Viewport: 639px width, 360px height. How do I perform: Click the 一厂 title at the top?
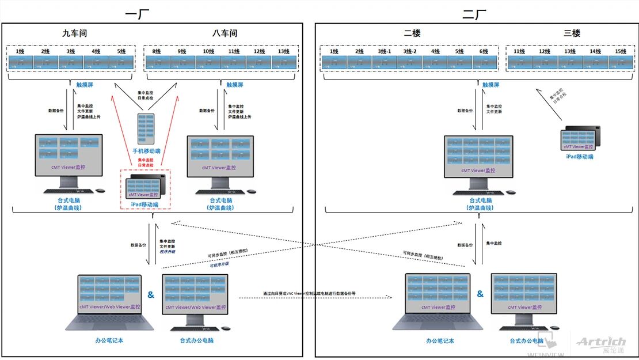point(136,14)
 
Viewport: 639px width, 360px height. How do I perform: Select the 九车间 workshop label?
point(74,33)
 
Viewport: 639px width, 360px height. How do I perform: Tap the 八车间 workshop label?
point(225,33)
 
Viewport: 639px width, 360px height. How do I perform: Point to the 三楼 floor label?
point(572,33)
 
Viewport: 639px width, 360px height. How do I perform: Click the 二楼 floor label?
point(412,33)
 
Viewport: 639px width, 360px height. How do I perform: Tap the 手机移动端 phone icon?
point(146,128)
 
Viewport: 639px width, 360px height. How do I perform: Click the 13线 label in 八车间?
point(283,51)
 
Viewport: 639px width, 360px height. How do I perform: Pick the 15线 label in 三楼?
point(620,51)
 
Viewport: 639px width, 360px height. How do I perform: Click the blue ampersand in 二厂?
point(480,294)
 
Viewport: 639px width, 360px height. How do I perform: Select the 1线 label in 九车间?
point(20,51)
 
